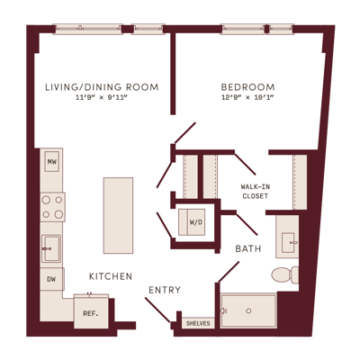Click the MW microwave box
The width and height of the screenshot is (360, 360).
52,162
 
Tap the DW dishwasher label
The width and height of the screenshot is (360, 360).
51,279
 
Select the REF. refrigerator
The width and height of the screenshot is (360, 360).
91,312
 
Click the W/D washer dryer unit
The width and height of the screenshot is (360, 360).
192,222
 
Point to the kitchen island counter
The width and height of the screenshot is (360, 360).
118,215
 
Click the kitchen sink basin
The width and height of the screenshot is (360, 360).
51,248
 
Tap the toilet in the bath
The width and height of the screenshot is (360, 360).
285,274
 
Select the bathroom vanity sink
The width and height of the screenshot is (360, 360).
289,242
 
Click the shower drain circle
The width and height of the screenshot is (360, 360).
248,310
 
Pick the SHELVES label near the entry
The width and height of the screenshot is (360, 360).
198,323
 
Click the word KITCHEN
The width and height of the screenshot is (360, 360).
111,276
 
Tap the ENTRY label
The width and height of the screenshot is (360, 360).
165,290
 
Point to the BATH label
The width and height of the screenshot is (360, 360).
248,248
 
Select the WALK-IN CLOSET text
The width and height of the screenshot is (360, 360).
256,192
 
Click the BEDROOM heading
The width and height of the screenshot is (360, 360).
247,87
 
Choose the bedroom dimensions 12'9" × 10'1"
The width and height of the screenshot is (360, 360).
247,97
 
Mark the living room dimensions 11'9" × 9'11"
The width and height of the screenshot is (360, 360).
102,97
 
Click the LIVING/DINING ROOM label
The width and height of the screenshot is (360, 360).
102,87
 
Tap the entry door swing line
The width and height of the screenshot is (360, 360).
157,310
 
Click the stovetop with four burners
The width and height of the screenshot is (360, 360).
52,207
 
